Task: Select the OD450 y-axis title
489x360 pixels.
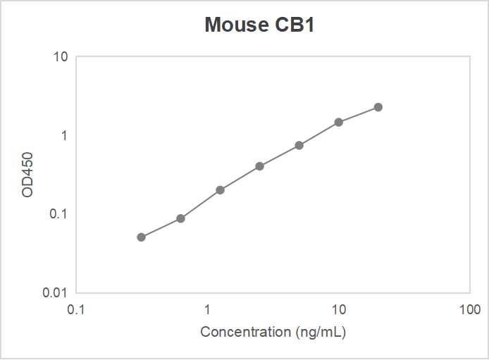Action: pyautogui.click(x=27, y=174)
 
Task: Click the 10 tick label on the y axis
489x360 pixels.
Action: pyautogui.click(x=61, y=56)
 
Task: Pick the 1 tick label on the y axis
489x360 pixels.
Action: pyautogui.click(x=63, y=135)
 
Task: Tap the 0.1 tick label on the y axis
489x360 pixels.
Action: pyautogui.click(x=58, y=213)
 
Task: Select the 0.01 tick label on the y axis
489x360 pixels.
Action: pyautogui.click(x=55, y=292)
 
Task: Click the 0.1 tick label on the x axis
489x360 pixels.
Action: pyautogui.click(x=76, y=310)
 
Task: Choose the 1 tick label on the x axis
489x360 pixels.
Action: pyautogui.click(x=208, y=310)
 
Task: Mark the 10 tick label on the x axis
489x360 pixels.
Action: pyautogui.click(x=339, y=310)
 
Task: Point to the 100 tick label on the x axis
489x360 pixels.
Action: pyautogui.click(x=470, y=310)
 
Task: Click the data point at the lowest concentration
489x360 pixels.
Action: pyautogui.click(x=142, y=237)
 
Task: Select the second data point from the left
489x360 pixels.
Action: pyautogui.click(x=181, y=218)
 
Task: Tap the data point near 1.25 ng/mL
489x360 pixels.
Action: pyautogui.click(x=221, y=190)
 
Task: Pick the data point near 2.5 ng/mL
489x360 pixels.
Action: pyautogui.click(x=260, y=166)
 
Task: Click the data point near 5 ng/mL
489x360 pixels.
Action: pyautogui.click(x=299, y=145)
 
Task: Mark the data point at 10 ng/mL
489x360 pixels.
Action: pyautogui.click(x=339, y=122)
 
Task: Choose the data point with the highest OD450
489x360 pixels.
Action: pyautogui.click(x=378, y=107)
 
